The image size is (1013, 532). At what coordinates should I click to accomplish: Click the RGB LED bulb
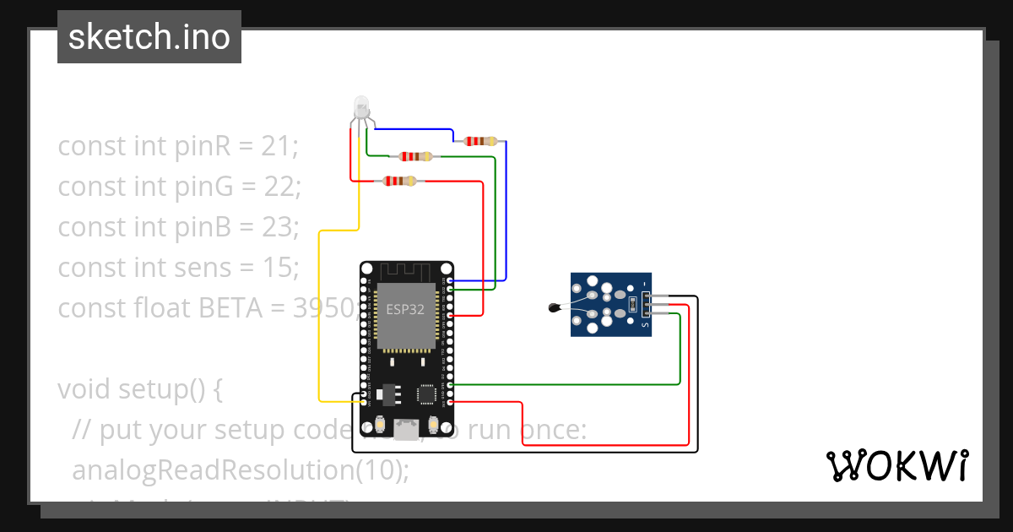360,107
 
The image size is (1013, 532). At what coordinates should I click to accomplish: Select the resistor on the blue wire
480,140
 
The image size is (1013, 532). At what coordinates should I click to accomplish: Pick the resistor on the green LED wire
415,156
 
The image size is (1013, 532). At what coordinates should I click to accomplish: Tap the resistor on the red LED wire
398,181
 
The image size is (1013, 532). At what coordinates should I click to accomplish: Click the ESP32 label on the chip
405,309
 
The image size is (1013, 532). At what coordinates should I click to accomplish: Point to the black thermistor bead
553,309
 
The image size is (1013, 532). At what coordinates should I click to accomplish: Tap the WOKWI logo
897,465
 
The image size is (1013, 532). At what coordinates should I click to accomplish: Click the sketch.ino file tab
149,37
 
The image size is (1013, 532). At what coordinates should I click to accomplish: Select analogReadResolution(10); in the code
241,470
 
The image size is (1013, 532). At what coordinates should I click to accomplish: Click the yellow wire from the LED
319,321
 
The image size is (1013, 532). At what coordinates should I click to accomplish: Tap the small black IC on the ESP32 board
427,394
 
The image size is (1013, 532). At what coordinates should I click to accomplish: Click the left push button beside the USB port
381,424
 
